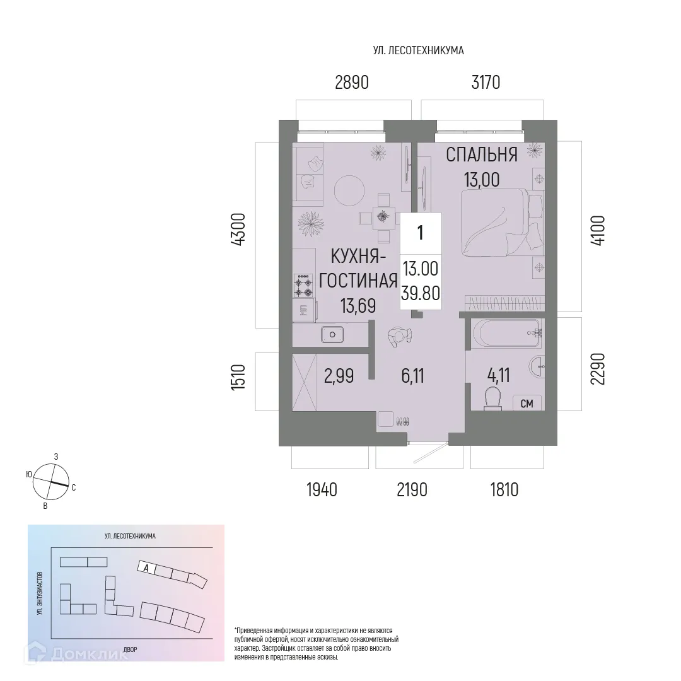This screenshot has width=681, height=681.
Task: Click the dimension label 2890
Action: (x=351, y=82)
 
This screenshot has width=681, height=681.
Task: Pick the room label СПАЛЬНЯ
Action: (x=482, y=154)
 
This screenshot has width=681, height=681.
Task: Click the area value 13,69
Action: (x=358, y=306)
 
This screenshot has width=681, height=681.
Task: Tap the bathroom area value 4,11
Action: (x=498, y=376)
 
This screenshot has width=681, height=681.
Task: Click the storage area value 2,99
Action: (x=339, y=376)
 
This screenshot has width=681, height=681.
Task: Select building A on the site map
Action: (x=146, y=567)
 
